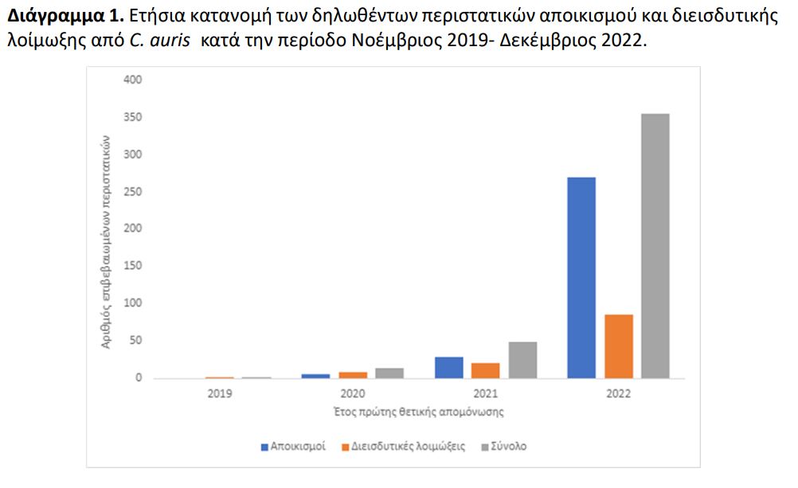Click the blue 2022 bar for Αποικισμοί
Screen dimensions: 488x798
tap(581, 277)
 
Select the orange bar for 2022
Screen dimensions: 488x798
tap(618, 346)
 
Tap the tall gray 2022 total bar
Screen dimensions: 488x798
tap(655, 245)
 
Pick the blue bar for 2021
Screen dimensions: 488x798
tap(448, 367)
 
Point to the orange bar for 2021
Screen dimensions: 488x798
tap(486, 370)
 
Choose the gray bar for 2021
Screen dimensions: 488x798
tap(523, 360)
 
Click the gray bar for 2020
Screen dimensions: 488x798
tap(389, 373)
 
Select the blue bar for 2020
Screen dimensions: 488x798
tap(315, 375)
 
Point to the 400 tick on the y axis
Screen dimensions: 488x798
tap(133, 80)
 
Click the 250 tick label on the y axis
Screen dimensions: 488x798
tap(133, 192)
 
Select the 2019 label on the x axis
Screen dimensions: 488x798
tap(220, 393)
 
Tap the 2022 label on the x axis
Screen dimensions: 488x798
tap(618, 393)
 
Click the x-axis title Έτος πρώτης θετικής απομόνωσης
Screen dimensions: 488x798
tap(419, 412)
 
